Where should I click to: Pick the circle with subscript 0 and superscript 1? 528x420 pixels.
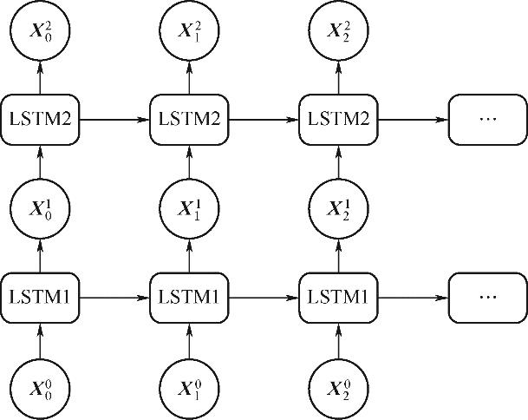pyautogui.click(x=40, y=210)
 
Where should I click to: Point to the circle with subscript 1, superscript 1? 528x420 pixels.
pyautogui.click(x=189, y=210)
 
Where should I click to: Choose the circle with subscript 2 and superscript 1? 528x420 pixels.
pyautogui.click(x=337, y=210)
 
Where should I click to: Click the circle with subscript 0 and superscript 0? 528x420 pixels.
pyautogui.click(x=40, y=384)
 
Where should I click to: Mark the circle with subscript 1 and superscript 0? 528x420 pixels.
pyautogui.click(x=189, y=384)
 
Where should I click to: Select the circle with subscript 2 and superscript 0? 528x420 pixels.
pyautogui.click(x=337, y=384)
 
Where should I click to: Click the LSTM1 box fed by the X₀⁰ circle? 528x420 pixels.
pyautogui.click(x=40, y=298)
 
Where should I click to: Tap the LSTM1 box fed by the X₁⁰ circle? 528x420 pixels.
pyautogui.click(x=189, y=298)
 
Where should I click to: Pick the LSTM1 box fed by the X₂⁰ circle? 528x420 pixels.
pyautogui.click(x=337, y=298)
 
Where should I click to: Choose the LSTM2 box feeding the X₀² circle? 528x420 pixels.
pyautogui.click(x=40, y=118)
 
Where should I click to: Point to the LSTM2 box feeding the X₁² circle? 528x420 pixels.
pyautogui.click(x=189, y=118)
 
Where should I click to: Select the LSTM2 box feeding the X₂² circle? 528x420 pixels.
pyautogui.click(x=337, y=118)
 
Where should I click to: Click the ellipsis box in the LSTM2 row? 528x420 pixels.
pyautogui.click(x=486, y=118)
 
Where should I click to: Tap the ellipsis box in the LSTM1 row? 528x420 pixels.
pyautogui.click(x=486, y=298)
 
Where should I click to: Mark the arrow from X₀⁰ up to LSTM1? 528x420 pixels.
pyautogui.click(x=40, y=338)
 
